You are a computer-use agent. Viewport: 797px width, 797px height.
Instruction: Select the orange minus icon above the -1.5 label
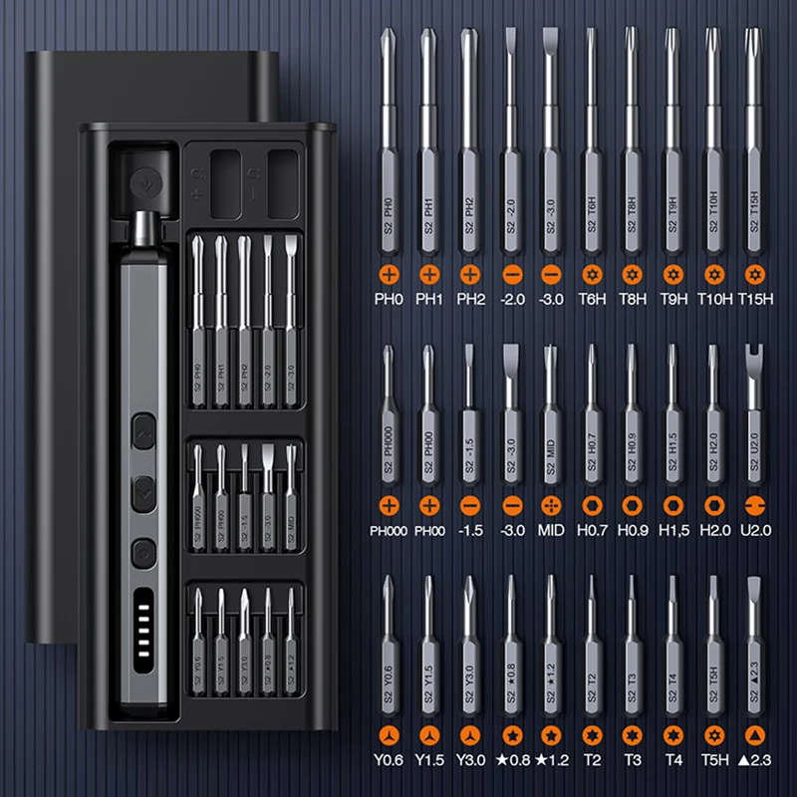click(469, 504)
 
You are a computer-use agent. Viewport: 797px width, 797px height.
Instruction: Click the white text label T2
click(592, 761)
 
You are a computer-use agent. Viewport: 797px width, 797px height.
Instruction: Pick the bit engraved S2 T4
click(673, 648)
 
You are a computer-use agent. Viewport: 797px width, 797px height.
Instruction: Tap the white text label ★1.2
click(551, 761)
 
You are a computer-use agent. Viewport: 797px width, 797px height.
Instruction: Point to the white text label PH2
click(469, 298)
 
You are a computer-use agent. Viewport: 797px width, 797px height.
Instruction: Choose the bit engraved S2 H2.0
click(713, 418)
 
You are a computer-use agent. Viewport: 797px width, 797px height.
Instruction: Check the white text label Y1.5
click(428, 761)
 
